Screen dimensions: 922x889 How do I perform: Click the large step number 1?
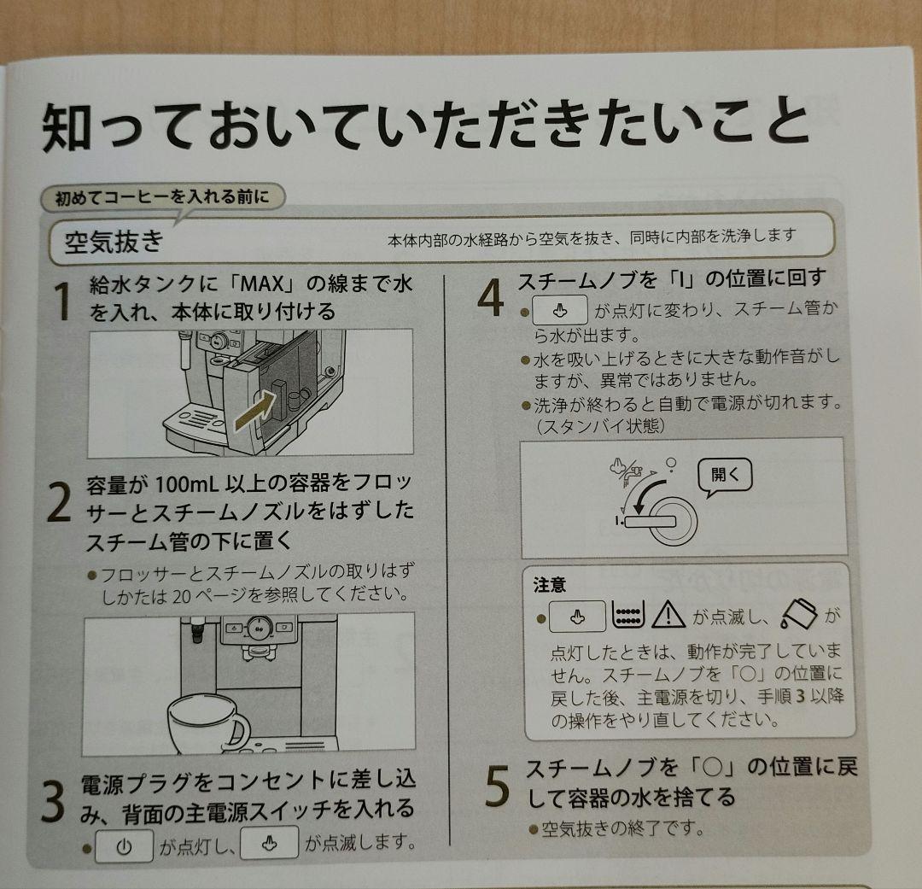[61, 301]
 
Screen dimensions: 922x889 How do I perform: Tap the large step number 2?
[59, 502]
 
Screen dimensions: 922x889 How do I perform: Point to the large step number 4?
[490, 297]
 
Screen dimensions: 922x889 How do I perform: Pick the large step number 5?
[498, 786]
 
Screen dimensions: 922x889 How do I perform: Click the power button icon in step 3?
[124, 846]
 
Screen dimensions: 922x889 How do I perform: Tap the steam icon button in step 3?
[269, 843]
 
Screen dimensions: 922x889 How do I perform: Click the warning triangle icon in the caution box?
[668, 614]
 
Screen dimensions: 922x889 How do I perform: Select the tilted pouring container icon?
[799, 614]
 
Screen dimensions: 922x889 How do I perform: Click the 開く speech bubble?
[725, 476]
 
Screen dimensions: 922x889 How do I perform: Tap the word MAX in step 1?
[263, 284]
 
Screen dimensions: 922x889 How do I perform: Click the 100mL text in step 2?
[187, 485]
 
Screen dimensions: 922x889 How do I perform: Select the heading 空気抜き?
[114, 241]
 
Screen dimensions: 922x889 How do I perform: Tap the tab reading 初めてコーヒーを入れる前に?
[162, 196]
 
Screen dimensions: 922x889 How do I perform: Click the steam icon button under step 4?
[560, 310]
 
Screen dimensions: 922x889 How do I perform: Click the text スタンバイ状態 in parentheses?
[601, 425]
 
